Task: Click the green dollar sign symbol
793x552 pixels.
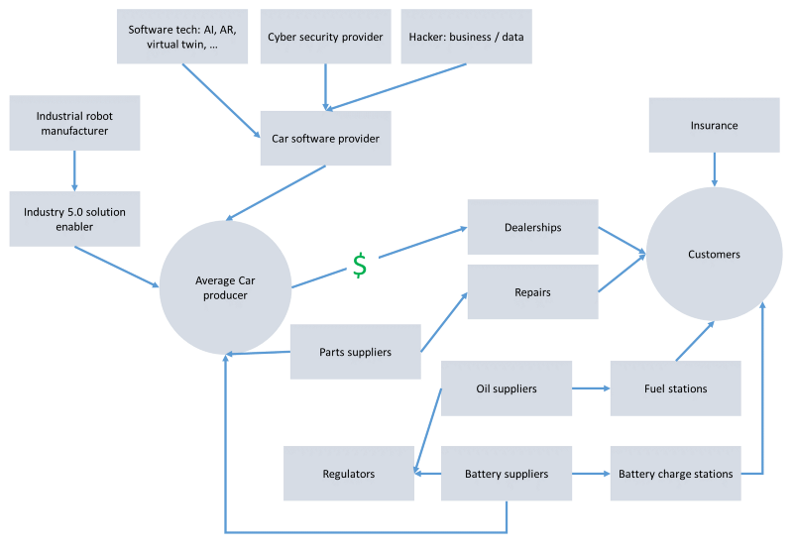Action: [x=360, y=266]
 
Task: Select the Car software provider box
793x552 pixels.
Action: [x=325, y=138]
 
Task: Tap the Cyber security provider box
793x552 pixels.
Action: [x=325, y=37]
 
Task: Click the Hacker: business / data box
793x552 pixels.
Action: [x=466, y=37]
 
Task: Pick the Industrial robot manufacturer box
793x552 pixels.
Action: [x=74, y=124]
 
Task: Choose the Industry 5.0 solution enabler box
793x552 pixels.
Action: [x=74, y=219]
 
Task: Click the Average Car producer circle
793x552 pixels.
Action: [x=225, y=287]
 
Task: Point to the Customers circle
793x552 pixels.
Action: [x=714, y=255]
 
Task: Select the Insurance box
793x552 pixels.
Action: [x=714, y=126]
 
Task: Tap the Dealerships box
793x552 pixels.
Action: [x=532, y=227]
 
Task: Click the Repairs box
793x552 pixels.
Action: [x=532, y=292]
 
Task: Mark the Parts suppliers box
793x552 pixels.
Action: [x=355, y=352]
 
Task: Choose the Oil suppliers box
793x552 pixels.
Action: [x=507, y=388]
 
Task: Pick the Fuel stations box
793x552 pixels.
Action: [x=675, y=388]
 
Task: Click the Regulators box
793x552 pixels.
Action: [x=348, y=474]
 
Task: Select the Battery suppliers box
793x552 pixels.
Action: [x=507, y=474]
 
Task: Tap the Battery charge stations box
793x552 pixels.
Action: [x=675, y=474]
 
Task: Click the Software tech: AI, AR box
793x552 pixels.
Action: [x=181, y=37]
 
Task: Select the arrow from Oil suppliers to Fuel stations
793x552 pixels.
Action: [x=591, y=388]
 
